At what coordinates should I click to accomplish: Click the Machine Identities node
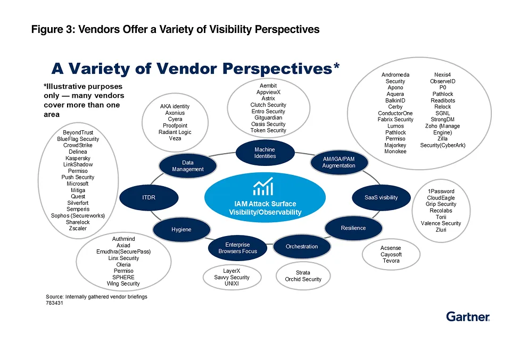[265, 153]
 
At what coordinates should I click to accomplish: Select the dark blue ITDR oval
[148, 197]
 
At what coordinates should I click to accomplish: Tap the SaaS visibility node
[381, 197]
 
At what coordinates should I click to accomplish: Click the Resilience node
[353, 228]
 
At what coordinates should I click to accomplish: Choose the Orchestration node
[301, 246]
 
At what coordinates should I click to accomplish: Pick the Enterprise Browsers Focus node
[237, 248]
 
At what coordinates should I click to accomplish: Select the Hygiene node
[181, 230]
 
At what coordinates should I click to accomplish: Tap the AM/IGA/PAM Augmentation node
[339, 162]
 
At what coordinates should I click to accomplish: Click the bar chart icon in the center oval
[263, 187]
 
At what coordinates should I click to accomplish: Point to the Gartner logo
[468, 316]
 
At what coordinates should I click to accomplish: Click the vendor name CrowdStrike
[78, 145]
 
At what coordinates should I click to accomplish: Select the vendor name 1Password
[441, 191]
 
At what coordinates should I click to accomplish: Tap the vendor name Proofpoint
[175, 125]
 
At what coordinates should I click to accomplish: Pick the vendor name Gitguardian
[268, 118]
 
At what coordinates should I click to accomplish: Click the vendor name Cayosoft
[391, 254]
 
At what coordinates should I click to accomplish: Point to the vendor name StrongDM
[442, 120]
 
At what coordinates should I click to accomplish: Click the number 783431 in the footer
[55, 303]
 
